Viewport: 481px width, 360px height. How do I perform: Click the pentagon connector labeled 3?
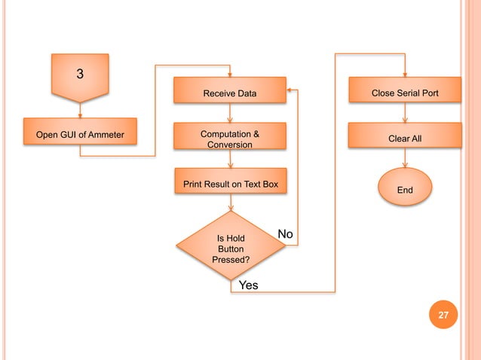coord(80,75)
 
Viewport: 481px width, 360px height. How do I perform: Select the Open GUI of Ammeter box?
coord(80,136)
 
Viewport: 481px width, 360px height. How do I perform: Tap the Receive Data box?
coord(230,93)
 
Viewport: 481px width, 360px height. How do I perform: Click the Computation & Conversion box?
coord(230,139)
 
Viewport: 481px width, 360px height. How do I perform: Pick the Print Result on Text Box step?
coord(230,184)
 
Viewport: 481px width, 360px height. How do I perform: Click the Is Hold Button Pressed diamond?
coord(230,246)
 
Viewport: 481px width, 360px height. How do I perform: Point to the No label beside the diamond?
coord(285,234)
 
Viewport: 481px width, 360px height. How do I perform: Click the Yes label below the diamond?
coord(248,285)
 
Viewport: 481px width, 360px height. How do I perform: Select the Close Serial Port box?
coord(405,93)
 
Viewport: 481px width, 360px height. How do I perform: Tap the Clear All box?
coord(405,139)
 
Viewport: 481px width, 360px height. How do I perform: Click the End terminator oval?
coord(405,190)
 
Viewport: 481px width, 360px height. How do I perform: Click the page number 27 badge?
coord(443,316)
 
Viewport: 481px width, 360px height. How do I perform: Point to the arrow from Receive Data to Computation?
coord(230,113)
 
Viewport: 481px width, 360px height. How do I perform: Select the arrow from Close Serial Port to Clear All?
coord(405,113)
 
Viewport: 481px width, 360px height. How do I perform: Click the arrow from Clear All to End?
coord(405,160)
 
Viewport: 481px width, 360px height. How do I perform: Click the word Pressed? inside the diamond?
coord(230,259)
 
